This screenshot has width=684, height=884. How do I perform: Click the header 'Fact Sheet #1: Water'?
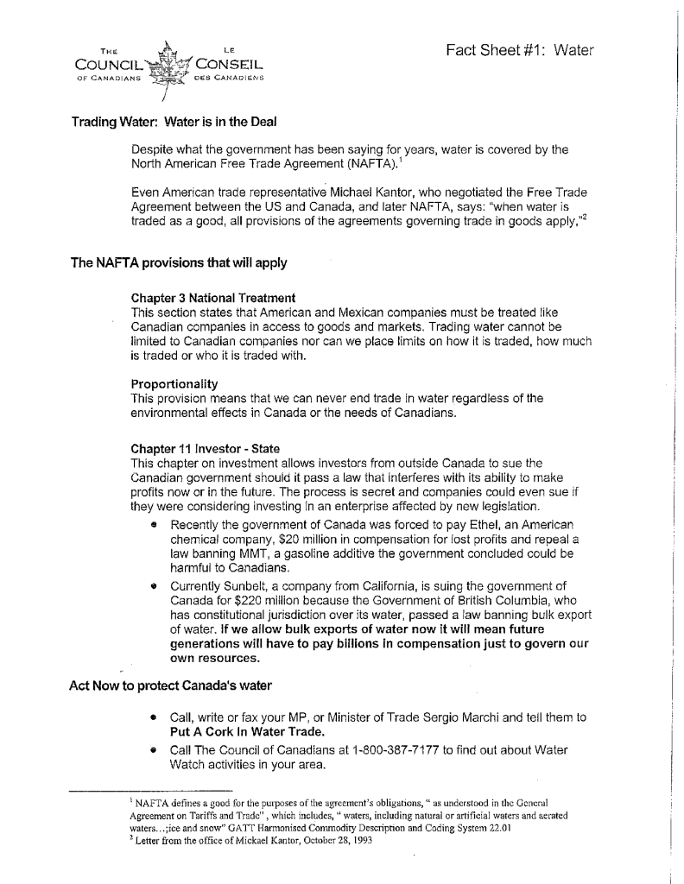[520, 50]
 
